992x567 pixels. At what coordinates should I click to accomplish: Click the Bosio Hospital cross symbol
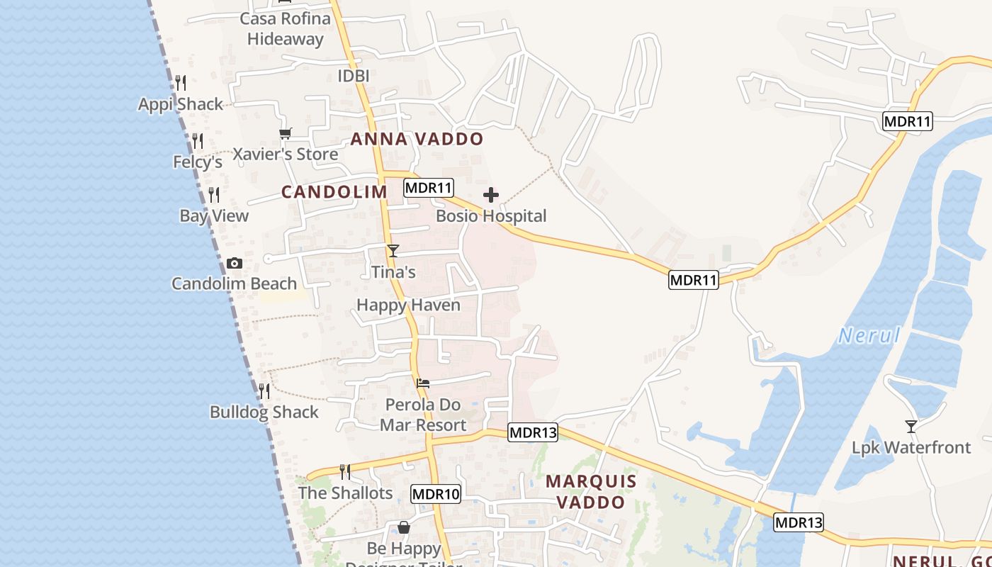pos(490,195)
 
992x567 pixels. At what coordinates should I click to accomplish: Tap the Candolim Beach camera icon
pos(234,264)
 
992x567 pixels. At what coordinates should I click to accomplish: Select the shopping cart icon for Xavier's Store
pos(286,133)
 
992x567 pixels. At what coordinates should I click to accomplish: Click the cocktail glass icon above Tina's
pos(393,251)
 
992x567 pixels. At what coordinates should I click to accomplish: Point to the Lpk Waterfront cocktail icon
pos(911,426)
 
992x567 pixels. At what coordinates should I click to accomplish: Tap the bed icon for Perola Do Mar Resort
pos(423,383)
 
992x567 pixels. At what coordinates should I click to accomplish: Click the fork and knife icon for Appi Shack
pos(181,83)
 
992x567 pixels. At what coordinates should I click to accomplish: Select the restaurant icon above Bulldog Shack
pos(264,391)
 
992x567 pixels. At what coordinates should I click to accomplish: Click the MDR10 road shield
pos(436,494)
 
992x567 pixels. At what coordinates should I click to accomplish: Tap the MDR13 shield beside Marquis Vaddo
pos(533,432)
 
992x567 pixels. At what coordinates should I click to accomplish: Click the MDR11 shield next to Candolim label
pos(429,188)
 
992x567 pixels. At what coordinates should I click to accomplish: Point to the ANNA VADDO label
pos(417,139)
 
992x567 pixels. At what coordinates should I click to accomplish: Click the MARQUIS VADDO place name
pos(591,491)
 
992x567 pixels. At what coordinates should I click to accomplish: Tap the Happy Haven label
pos(408,305)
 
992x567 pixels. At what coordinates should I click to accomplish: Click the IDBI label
pos(354,76)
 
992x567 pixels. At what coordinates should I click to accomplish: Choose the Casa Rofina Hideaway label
pos(286,28)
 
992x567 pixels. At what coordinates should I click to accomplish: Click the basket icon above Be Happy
pos(403,527)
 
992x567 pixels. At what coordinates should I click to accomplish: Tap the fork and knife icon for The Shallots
pos(345,471)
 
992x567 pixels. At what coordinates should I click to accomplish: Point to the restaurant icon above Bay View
pos(213,194)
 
